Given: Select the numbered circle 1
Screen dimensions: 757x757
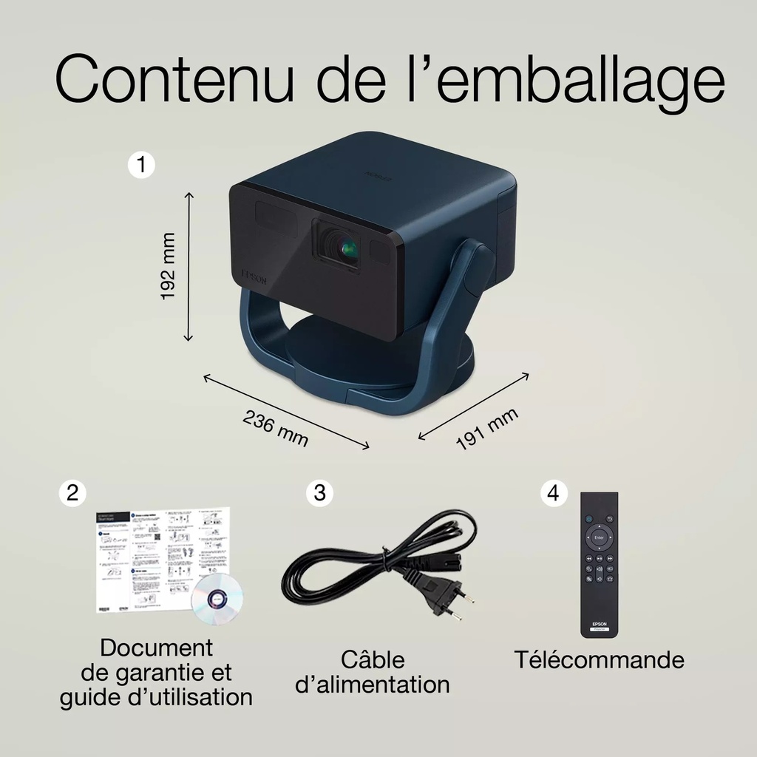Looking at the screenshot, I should tap(141, 164).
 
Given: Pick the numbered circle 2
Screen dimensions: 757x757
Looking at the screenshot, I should tap(72, 493).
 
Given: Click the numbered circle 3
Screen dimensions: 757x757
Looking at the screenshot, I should tap(319, 493).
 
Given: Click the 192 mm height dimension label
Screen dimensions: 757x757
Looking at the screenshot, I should tap(169, 266).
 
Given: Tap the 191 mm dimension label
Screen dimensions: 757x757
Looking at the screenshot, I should tap(486, 428).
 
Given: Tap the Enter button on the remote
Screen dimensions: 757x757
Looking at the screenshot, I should tap(599, 537).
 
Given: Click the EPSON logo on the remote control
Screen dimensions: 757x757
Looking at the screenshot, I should tap(598, 623).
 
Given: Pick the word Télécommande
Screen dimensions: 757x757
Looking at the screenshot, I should tap(599, 659).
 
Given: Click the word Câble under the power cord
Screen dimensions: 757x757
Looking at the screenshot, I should tap(373, 659).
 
